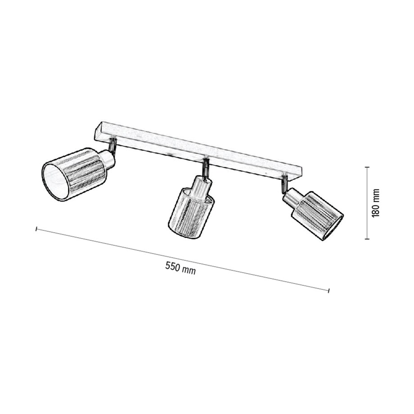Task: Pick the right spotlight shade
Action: pos(318,214)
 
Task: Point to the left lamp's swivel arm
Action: pos(114,146)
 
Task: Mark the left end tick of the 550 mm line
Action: pos(36,229)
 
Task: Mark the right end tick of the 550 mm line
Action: pos(329,290)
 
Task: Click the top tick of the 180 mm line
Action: pos(367,167)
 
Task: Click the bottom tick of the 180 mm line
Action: pos(367,239)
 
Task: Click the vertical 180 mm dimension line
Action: pos(367,202)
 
